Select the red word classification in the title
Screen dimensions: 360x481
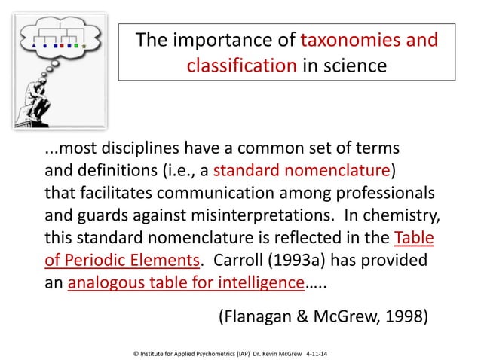(x=240, y=66)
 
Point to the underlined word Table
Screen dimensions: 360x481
(x=414, y=239)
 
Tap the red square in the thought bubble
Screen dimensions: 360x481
(x=63, y=46)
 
